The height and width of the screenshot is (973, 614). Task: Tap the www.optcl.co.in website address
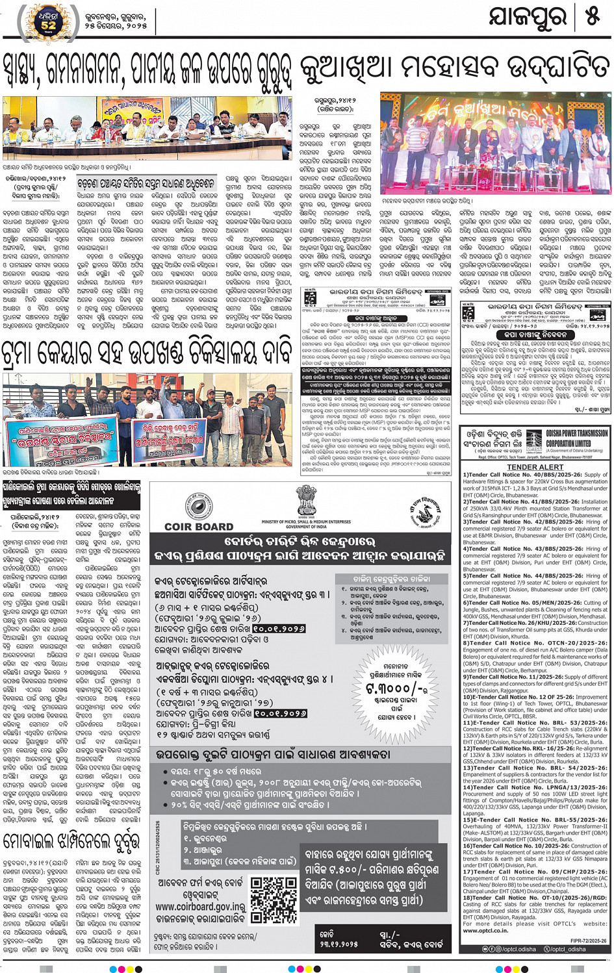point(485,931)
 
